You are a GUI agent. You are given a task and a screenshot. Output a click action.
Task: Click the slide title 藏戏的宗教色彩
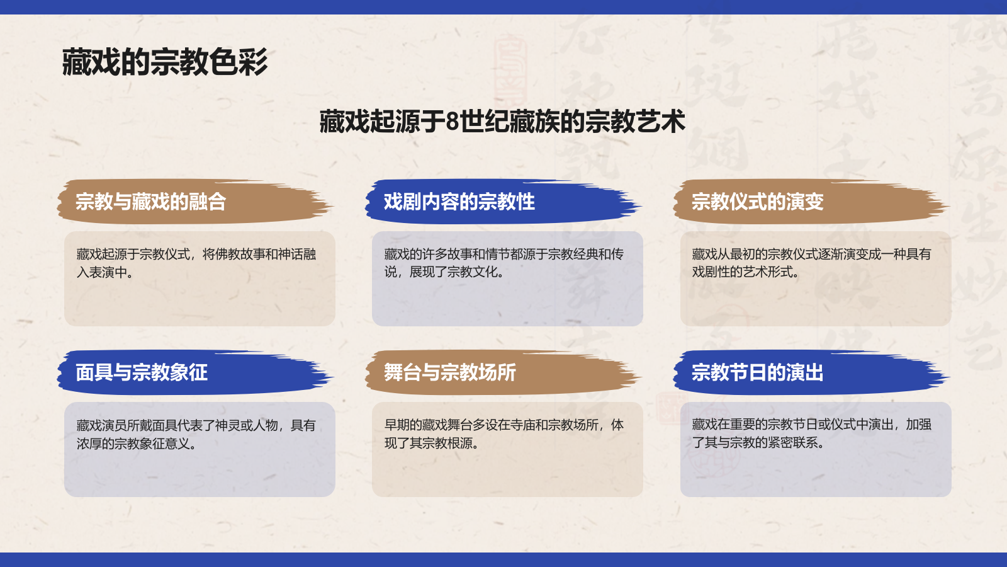coord(165,62)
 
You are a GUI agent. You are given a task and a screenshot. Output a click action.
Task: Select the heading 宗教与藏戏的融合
coord(150,202)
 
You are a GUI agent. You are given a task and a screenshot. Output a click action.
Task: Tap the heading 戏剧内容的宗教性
coord(459,202)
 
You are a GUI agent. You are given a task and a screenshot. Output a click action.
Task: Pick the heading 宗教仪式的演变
coord(757,202)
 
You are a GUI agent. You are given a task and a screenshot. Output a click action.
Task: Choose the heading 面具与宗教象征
coord(142,372)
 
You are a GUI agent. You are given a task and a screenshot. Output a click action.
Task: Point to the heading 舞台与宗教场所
coord(449,372)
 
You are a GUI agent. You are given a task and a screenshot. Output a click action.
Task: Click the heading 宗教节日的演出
coord(757,372)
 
